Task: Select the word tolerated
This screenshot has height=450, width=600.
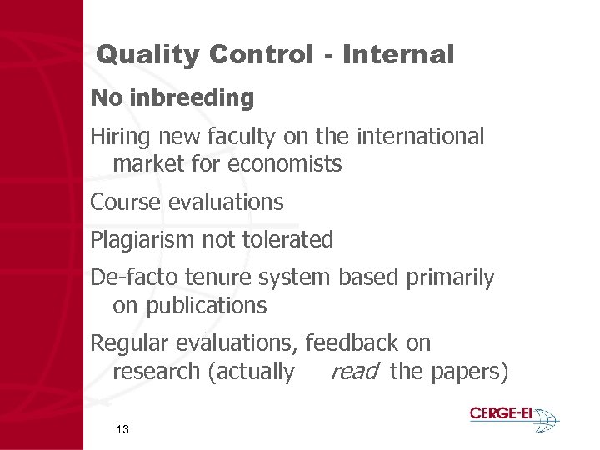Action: [x=287, y=240]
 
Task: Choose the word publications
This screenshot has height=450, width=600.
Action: [x=206, y=306]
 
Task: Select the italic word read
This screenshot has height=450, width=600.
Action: [x=354, y=372]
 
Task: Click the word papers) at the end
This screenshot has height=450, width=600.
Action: [x=468, y=372]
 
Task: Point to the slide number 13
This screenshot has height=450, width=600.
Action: [x=122, y=429]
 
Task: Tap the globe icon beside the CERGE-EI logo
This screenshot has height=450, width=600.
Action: [x=545, y=418]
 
